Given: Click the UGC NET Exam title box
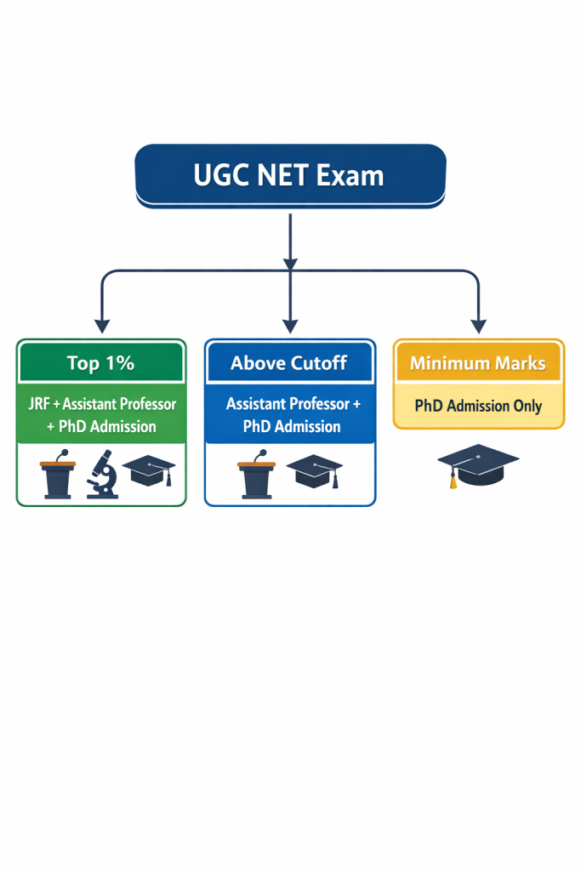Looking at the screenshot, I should (x=290, y=175).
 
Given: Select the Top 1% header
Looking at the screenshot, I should (x=100, y=363).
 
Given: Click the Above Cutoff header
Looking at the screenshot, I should (x=289, y=363).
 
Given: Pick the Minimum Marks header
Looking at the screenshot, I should (x=478, y=363).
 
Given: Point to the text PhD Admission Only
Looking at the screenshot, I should (x=478, y=406).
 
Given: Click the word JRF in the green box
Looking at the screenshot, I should (x=37, y=403).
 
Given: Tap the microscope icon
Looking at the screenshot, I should (x=103, y=474).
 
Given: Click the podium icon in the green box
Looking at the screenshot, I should (x=58, y=475).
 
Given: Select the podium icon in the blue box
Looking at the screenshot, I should (x=256, y=475).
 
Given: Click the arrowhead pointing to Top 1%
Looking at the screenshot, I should (x=102, y=325).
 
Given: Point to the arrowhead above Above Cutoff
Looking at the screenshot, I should (x=290, y=325).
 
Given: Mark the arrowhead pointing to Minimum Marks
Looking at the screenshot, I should (x=478, y=325).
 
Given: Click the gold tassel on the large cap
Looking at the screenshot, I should (x=453, y=482).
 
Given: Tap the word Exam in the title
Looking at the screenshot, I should (x=350, y=175).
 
